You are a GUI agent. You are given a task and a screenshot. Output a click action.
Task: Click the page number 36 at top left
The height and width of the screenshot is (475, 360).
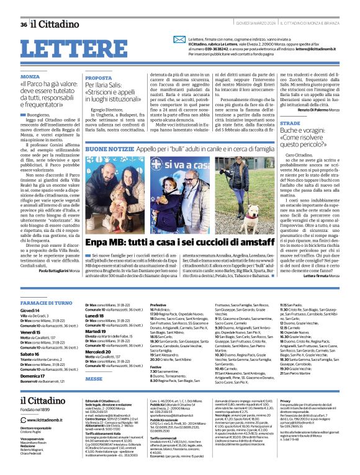click(24, 24)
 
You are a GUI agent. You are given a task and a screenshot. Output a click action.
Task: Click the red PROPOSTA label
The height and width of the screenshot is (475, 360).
click(99, 78)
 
